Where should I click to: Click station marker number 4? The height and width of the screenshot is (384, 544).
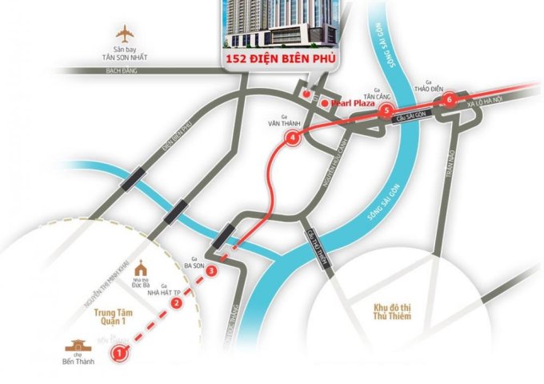tap(293, 138)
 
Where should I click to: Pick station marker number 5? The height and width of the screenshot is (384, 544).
tap(386, 110)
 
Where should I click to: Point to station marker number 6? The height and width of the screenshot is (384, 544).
tap(450, 100)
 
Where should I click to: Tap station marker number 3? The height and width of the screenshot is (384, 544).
tap(210, 272)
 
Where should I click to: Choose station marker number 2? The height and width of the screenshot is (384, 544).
tap(177, 302)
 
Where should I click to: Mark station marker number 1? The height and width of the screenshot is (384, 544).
tap(118, 350)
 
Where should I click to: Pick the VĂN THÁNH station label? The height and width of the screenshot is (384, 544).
tap(282, 124)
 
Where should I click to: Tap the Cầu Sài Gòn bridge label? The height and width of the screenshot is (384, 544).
tap(411, 117)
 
